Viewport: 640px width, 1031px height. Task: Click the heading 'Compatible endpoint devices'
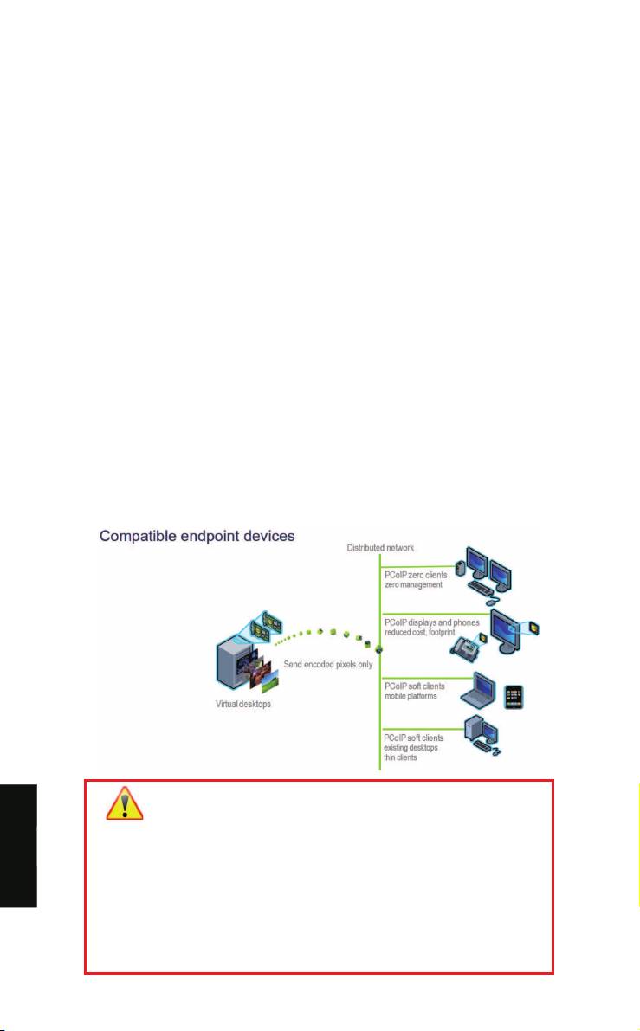(197, 536)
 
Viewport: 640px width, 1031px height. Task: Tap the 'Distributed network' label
(381, 548)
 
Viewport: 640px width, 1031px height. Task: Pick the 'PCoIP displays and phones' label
(431, 623)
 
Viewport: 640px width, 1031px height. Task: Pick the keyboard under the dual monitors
(468, 590)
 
